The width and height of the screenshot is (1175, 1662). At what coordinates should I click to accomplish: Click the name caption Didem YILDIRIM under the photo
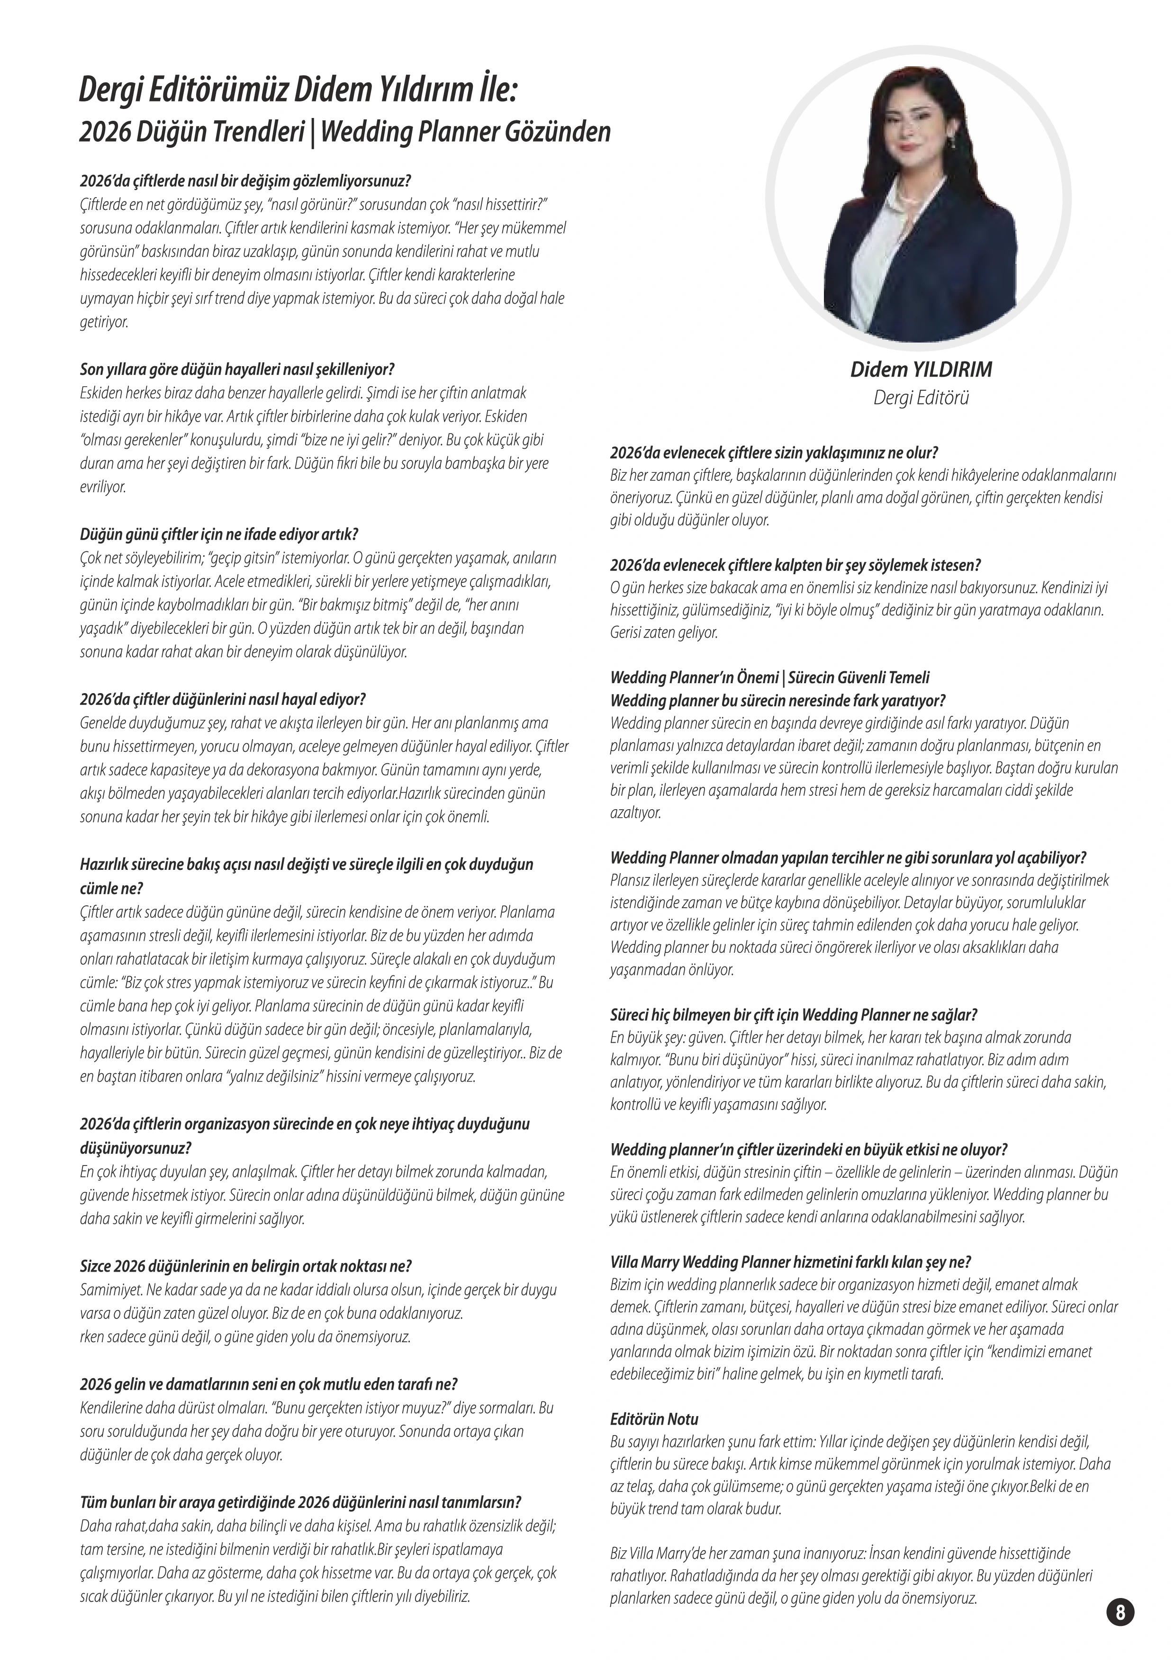pos(921,370)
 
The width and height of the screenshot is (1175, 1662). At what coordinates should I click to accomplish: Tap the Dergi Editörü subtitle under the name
pos(921,397)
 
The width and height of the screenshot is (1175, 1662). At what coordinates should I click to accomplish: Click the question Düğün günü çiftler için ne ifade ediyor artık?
pos(218,534)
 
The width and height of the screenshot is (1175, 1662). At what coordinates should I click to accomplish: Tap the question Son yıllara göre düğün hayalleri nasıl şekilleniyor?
pos(237,369)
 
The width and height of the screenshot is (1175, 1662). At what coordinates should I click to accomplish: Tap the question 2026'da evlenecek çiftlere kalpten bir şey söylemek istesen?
pos(795,565)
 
